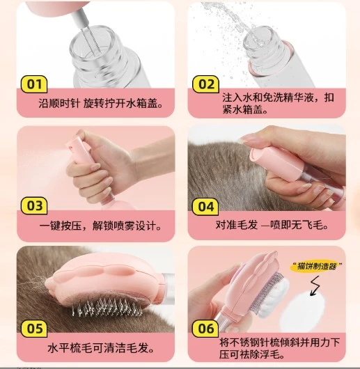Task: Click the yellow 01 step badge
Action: (x=34, y=84)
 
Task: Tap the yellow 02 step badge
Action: (x=206, y=84)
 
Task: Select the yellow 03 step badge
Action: (x=34, y=205)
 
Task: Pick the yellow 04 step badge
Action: (x=205, y=207)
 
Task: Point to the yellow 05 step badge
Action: (x=34, y=329)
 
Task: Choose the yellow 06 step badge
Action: (x=205, y=329)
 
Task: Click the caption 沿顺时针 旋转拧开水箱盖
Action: (x=101, y=104)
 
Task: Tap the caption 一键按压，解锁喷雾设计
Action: (x=100, y=226)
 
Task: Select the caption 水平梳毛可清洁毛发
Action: (x=101, y=348)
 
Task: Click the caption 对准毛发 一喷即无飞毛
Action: (x=272, y=225)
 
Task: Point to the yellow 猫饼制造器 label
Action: (x=316, y=267)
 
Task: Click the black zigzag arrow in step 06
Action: (x=315, y=286)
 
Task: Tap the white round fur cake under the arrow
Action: (x=304, y=311)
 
